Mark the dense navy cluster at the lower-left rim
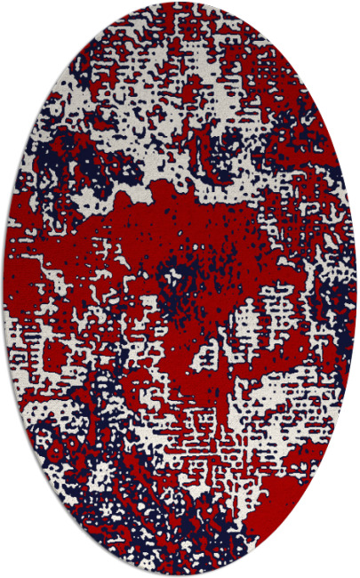62,462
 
